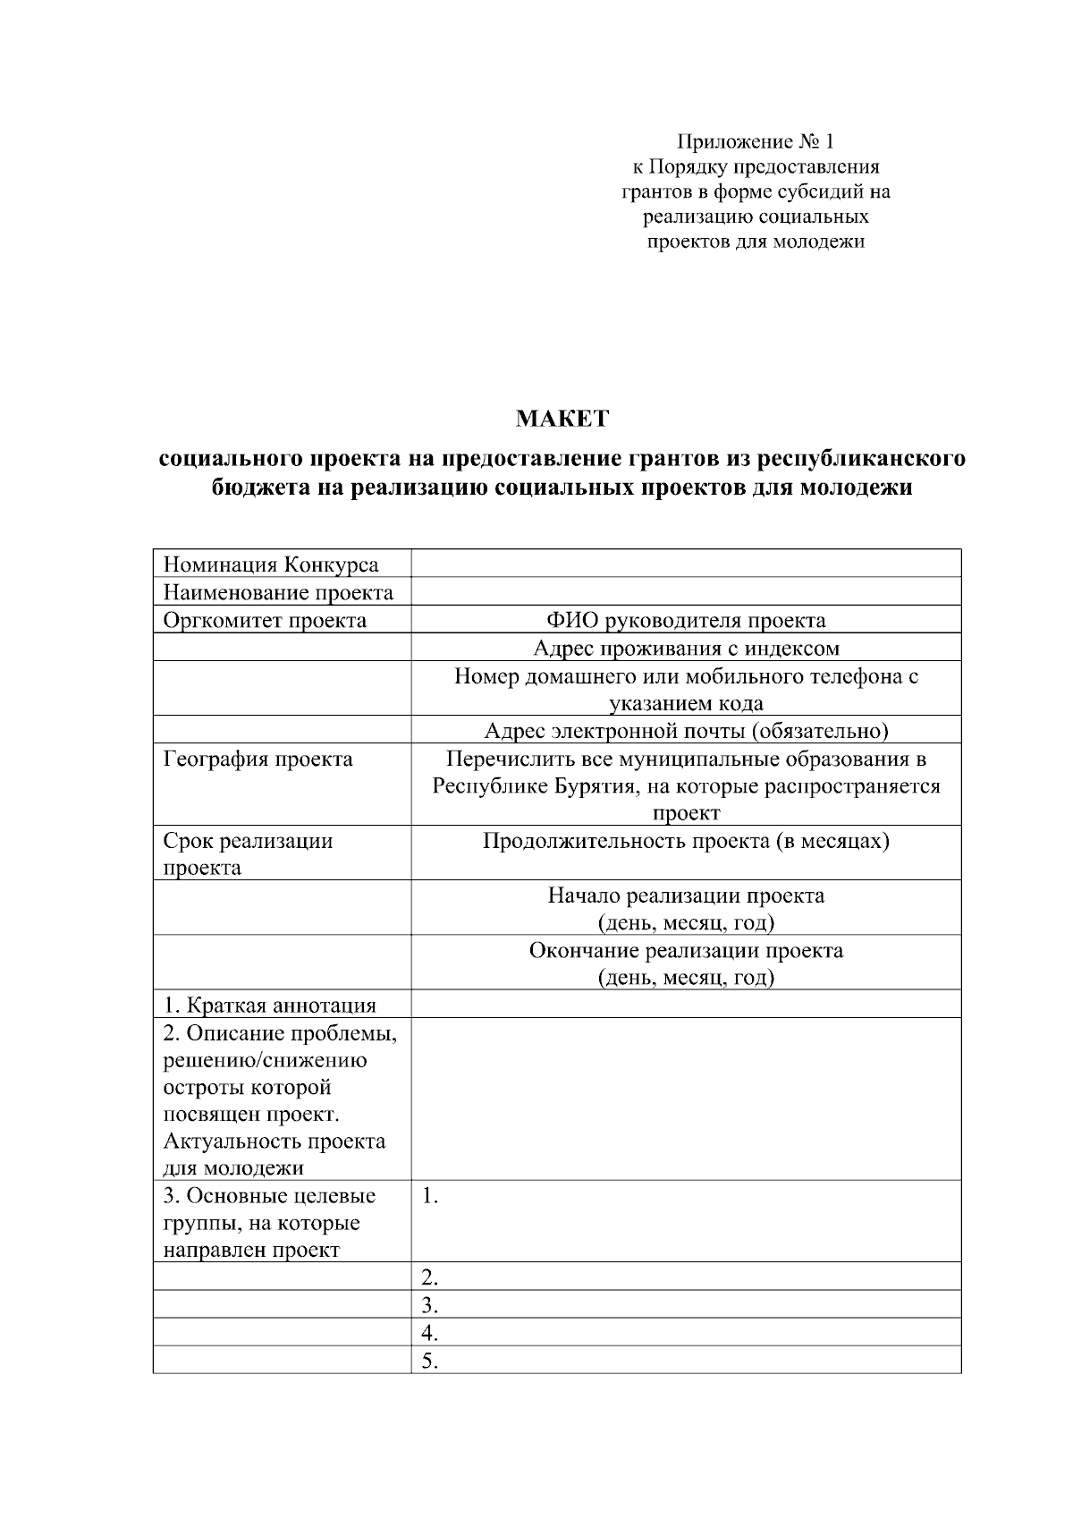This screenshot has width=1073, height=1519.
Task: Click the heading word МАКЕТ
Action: (x=562, y=419)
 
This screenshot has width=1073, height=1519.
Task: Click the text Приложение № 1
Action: (x=756, y=141)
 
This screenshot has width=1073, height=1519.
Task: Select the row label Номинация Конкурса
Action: (x=270, y=564)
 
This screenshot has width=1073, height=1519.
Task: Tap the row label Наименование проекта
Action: (x=278, y=592)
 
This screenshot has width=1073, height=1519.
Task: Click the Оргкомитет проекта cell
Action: (x=265, y=620)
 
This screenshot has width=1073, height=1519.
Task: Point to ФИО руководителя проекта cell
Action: (x=686, y=620)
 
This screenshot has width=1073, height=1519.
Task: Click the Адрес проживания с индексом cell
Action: (x=686, y=648)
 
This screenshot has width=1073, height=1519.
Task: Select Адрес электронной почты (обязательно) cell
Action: (x=686, y=731)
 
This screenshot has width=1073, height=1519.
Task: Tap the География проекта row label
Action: (x=258, y=759)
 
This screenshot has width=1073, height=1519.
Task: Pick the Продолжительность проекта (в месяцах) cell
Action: (x=686, y=841)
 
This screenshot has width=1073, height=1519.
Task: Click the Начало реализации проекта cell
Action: (x=686, y=895)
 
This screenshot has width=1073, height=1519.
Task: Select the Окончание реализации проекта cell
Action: (x=686, y=950)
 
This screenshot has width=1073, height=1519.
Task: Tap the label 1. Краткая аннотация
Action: (x=269, y=1005)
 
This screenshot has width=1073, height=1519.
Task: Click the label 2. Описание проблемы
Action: (x=280, y=1033)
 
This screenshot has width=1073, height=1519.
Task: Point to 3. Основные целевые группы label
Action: (x=269, y=1196)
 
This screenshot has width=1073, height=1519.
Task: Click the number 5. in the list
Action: (x=429, y=1362)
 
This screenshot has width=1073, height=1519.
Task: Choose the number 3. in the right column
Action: (x=429, y=1305)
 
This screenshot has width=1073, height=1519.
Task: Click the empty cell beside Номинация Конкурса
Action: (x=686, y=564)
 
